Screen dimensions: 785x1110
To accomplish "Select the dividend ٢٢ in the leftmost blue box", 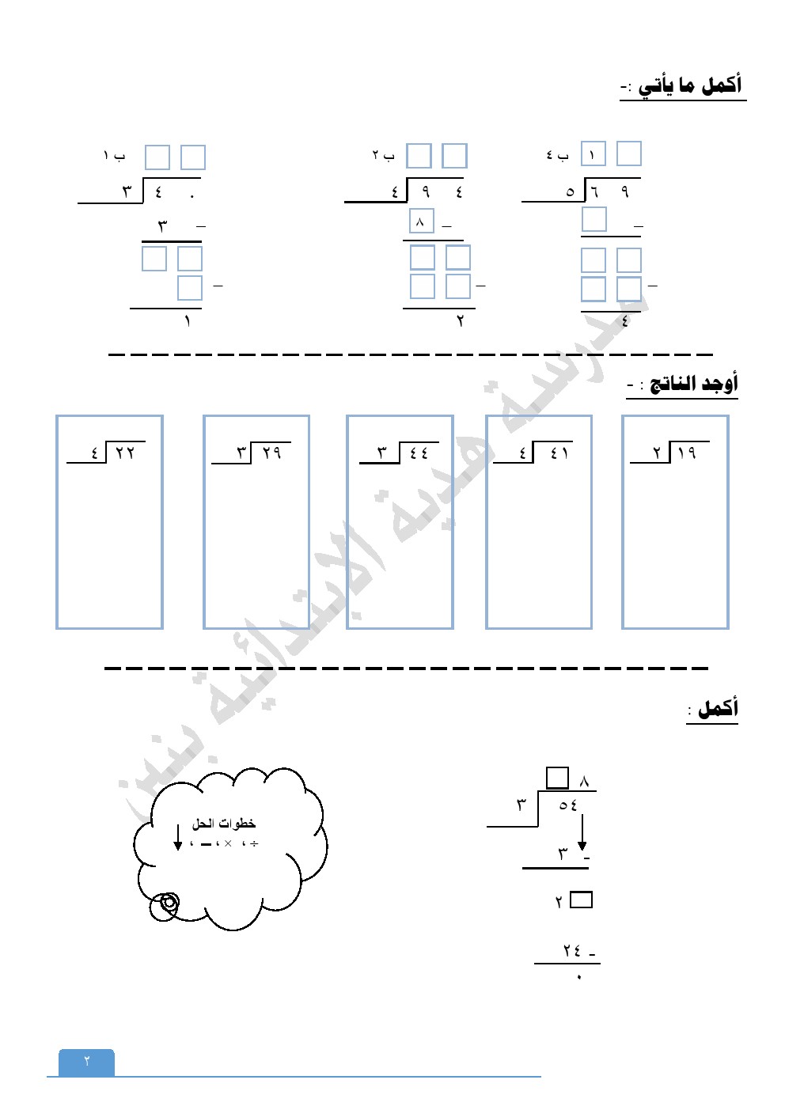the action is point(125,453).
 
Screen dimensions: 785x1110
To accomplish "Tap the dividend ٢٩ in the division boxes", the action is point(271,453).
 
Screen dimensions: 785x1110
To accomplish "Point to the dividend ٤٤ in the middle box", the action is point(419,453).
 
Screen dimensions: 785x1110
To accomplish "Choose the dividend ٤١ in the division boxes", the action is point(559,453).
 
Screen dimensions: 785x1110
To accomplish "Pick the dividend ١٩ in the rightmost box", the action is point(687,453).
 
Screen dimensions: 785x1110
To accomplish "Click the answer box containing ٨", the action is point(421,222).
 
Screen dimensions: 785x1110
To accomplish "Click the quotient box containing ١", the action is point(593,154).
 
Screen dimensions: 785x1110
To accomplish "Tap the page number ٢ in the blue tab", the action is point(87,1061).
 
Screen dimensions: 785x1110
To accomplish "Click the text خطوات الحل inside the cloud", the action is point(224,824).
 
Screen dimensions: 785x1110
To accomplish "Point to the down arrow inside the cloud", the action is point(178,838).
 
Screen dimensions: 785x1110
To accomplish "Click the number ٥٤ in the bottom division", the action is point(568,805).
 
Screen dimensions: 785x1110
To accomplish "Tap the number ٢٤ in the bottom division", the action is point(572,950).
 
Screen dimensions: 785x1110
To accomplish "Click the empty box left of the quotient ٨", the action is point(557,778).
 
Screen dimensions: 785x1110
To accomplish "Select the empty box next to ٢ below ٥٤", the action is point(581,900).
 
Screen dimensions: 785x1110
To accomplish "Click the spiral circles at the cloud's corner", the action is point(167,904).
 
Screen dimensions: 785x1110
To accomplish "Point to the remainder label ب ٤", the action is point(557,156).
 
